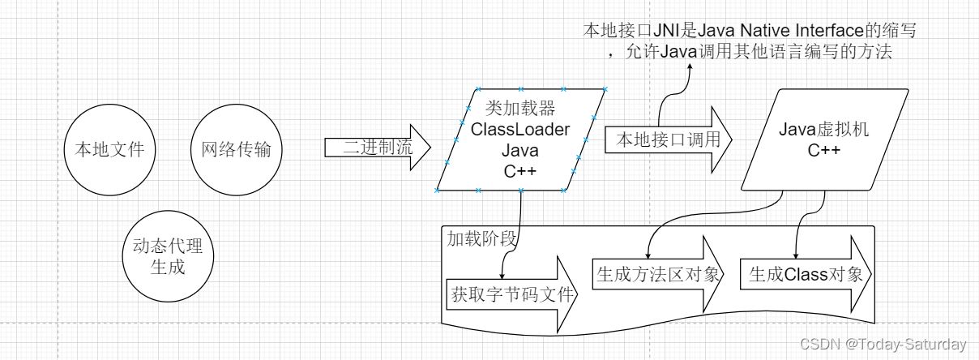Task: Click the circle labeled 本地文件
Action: coord(109,150)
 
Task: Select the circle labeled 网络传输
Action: coord(236,150)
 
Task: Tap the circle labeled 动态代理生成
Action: coord(169,256)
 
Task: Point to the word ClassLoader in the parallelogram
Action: coord(519,129)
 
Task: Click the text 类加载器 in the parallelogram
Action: coord(519,109)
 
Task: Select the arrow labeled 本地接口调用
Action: coord(668,139)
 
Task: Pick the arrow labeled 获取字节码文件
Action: coord(512,294)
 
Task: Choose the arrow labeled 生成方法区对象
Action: coord(657,274)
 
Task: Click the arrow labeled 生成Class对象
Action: coord(806,274)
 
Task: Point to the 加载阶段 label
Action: coord(482,238)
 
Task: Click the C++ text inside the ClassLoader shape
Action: coord(519,169)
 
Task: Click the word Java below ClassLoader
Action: coord(519,149)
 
